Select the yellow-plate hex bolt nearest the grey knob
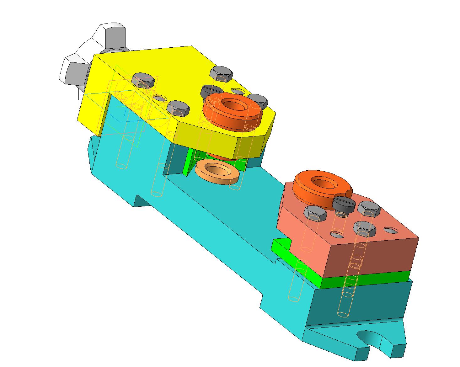pyautogui.click(x=144, y=80)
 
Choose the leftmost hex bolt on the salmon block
pyautogui.click(x=315, y=213)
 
